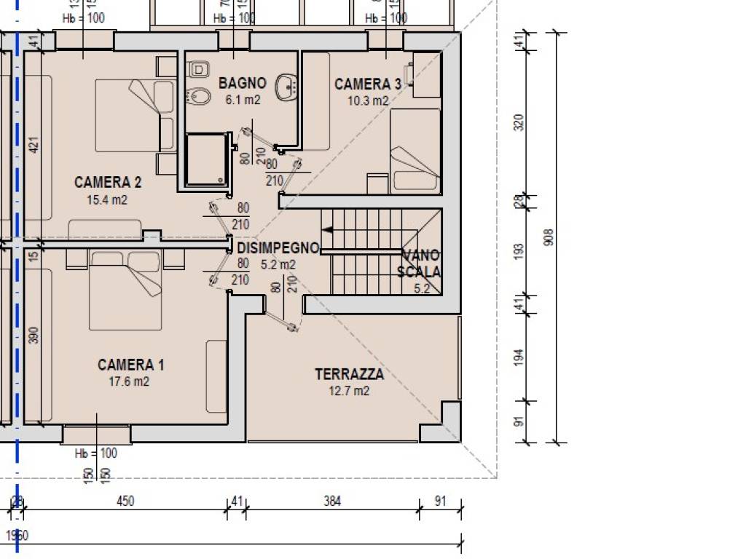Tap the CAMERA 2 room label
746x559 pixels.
[108, 182]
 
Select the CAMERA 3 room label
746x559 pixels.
[367, 84]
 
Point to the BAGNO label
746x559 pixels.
[243, 83]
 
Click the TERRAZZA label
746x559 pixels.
[349, 375]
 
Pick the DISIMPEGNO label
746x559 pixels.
[278, 248]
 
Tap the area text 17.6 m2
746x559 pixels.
[128, 381]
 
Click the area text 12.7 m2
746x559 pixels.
[349, 391]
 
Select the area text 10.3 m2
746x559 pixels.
[367, 101]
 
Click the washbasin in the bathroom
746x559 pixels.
[288, 88]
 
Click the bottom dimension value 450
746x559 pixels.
[126, 501]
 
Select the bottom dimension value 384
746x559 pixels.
[332, 501]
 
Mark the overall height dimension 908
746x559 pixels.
[549, 237]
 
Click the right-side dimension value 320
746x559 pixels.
[519, 122]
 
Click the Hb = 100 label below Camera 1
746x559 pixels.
[96, 453]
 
